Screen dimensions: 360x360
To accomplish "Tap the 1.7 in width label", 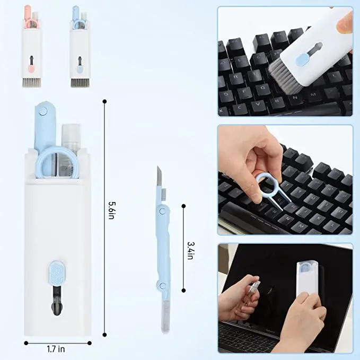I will tap(55, 349).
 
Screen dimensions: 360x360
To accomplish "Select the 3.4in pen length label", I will tap(190, 247).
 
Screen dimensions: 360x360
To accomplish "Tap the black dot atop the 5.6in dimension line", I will tap(104, 101).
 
